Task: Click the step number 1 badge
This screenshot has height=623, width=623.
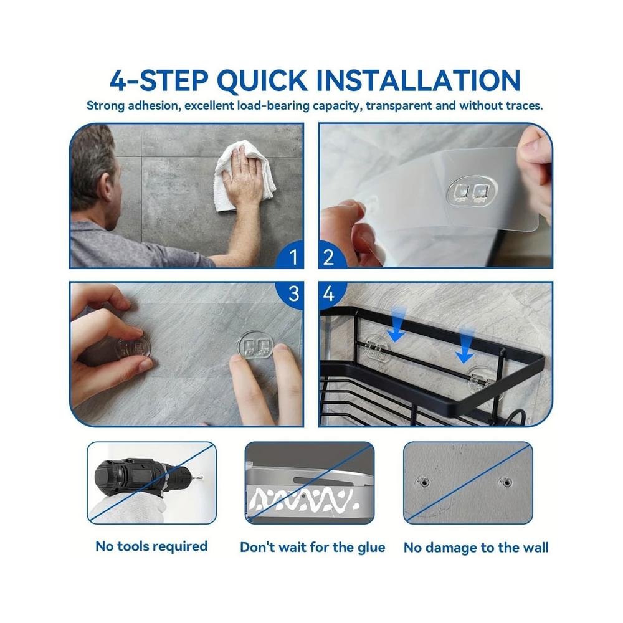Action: [x=292, y=256]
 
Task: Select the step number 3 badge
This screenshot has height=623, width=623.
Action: [x=292, y=294]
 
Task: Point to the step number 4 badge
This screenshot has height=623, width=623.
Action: [x=330, y=294]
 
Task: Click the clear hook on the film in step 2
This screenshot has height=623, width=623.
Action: [x=472, y=192]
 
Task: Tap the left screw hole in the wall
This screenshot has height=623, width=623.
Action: [x=424, y=482]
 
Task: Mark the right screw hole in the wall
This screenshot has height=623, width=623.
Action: [x=506, y=482]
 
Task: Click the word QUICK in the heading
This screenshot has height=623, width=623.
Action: [x=263, y=81]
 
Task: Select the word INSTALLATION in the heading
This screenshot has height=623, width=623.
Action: [x=419, y=80]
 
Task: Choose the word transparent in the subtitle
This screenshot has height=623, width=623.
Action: [x=398, y=106]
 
